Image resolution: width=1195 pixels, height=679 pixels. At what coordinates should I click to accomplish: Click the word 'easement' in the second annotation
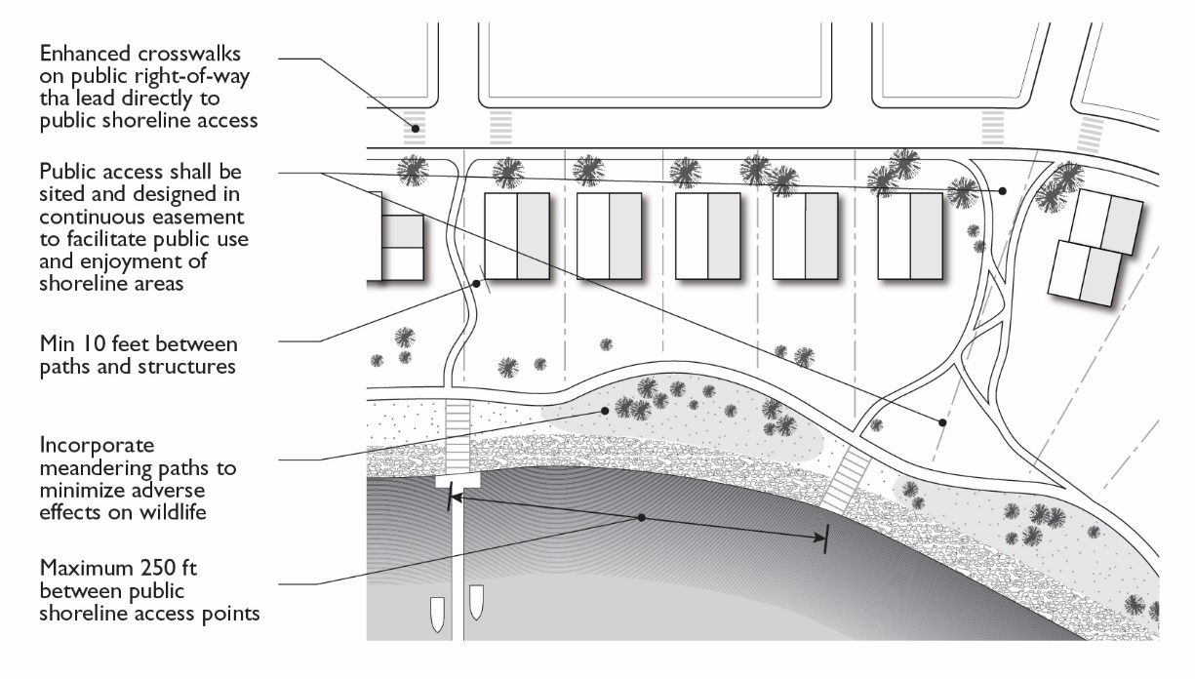[x=204, y=214]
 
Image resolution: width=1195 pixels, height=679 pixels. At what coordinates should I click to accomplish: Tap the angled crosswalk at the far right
[x=1091, y=129]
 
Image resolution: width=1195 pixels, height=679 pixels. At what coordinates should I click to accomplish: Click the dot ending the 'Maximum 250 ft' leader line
[x=641, y=517]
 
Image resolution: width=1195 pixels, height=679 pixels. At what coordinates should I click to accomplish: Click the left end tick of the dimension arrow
[x=450, y=499]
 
